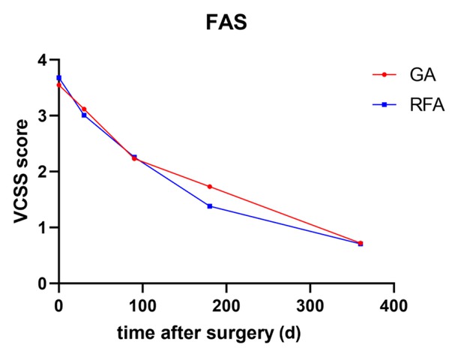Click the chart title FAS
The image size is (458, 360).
[x=228, y=24]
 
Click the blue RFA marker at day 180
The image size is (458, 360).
[x=210, y=205]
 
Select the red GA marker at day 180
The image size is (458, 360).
[x=210, y=187]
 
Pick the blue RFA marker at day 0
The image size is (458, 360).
[x=59, y=78]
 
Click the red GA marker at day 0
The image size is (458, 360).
[x=59, y=85]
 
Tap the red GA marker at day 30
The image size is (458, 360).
[x=84, y=109]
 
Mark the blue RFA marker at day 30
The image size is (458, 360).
[x=84, y=115]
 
